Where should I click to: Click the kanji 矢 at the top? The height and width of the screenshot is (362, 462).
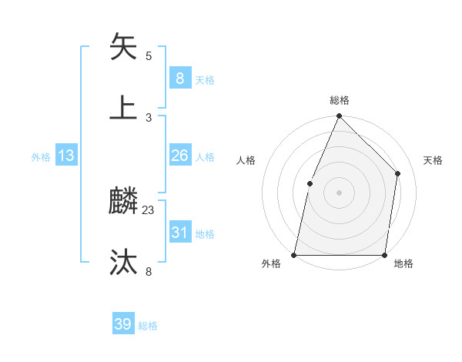(x=124, y=49)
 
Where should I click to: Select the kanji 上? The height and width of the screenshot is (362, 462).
(x=124, y=108)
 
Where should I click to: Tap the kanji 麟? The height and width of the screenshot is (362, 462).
(x=124, y=203)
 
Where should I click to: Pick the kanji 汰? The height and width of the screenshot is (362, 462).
(x=124, y=263)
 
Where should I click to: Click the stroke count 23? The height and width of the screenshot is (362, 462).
(x=149, y=209)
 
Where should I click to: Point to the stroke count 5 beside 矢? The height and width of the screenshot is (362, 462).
(x=149, y=56)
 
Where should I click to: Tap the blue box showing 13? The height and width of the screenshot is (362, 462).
(x=66, y=156)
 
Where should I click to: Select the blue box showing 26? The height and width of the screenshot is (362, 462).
(x=179, y=156)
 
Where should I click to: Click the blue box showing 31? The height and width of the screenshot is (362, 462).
(x=179, y=233)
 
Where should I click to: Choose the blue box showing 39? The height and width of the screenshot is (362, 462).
(x=123, y=324)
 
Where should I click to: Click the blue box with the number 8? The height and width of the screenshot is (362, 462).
(x=179, y=79)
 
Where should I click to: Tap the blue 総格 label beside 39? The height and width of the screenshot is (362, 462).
(x=148, y=326)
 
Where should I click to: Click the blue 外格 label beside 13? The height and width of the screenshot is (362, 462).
(x=41, y=157)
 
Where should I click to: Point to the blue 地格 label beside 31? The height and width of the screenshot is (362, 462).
(x=205, y=234)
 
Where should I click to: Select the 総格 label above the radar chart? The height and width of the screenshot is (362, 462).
(x=339, y=100)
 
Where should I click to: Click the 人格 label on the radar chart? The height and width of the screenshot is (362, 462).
(x=246, y=160)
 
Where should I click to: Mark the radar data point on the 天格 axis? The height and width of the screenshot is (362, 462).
(x=398, y=173)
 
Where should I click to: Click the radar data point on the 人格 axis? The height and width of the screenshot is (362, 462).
(x=310, y=183)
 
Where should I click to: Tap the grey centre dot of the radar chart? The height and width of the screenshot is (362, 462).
(x=339, y=193)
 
